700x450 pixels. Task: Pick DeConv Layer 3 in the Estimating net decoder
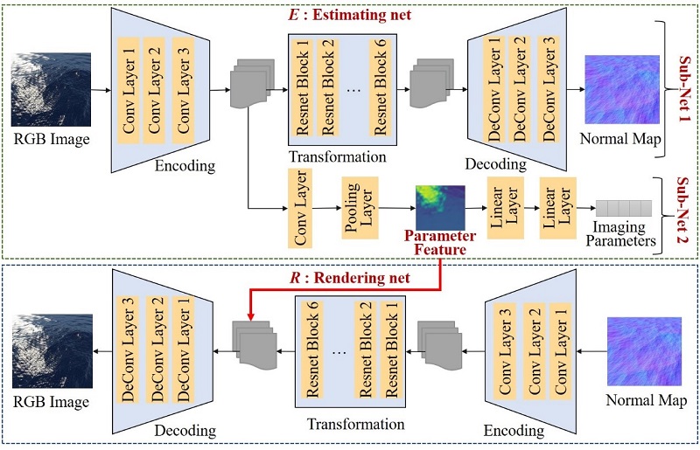point(547,87)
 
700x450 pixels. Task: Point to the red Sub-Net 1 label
point(683,80)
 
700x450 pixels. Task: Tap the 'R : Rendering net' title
point(350,279)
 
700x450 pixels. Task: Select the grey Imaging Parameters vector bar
point(624,208)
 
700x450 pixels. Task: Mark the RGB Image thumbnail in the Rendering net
point(52,351)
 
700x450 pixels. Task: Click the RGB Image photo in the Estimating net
point(52,89)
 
